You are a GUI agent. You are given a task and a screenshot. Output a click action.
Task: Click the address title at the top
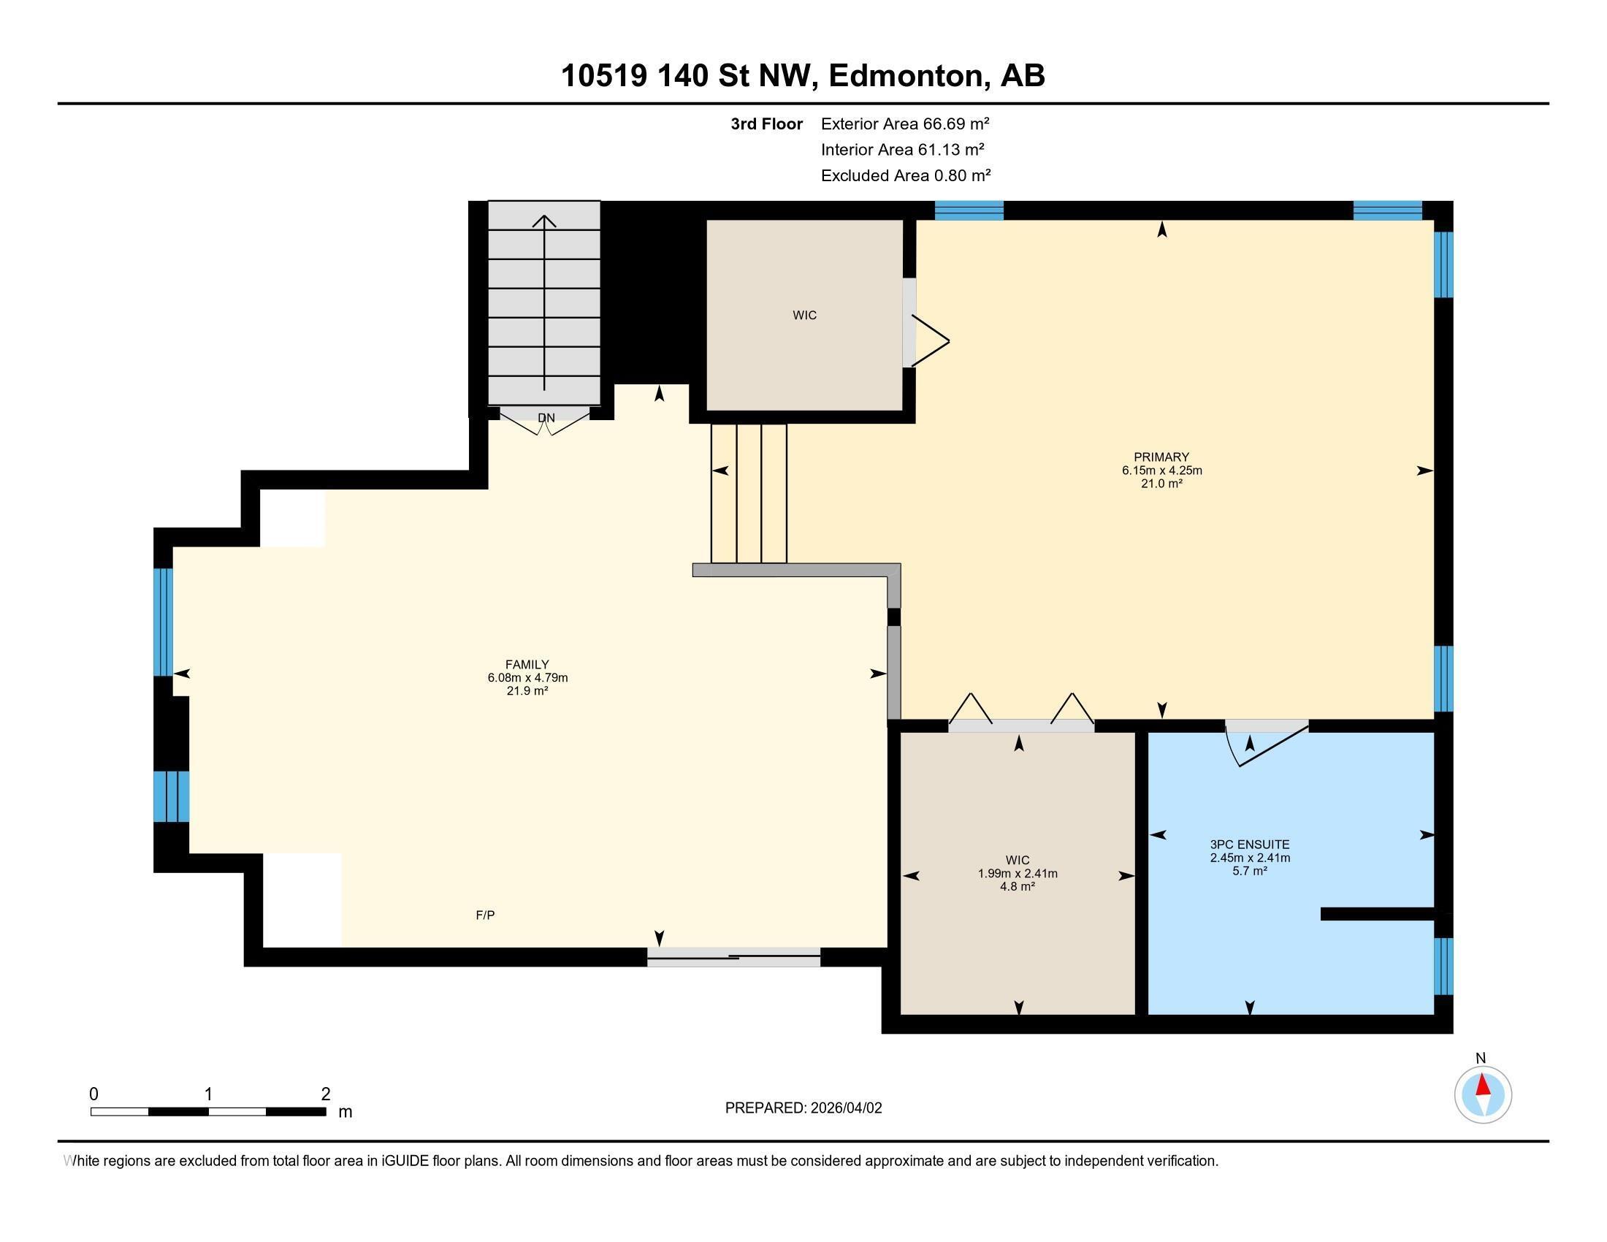coord(803,76)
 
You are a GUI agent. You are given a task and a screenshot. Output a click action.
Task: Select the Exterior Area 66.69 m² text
coord(904,123)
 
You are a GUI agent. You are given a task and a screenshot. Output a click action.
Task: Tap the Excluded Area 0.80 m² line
coord(905,175)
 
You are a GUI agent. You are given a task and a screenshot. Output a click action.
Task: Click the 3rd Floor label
coord(766,123)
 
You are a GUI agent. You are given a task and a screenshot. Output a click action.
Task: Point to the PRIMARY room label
coord(1161,457)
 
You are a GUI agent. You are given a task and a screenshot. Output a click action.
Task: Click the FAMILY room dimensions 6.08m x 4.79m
coord(527,678)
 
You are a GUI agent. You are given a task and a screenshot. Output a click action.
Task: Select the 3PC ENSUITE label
coord(1249,845)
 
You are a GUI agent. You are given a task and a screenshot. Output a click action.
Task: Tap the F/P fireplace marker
coord(485,915)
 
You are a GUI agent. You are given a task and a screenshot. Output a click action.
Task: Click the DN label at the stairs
coord(546,418)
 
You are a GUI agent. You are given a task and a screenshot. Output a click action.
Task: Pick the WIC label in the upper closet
coord(804,315)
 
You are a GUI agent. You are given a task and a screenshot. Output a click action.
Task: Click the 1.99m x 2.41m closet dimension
coord(1017,873)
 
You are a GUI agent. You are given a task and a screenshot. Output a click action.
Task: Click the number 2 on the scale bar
coord(325,1094)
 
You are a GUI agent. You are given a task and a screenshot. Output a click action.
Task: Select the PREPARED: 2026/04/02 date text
coord(803,1108)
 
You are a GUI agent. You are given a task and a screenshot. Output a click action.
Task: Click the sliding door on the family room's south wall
coord(733,956)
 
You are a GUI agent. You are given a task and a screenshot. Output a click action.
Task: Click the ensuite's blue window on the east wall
coord(1443,965)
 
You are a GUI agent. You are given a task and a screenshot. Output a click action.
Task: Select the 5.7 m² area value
coord(1249,871)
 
